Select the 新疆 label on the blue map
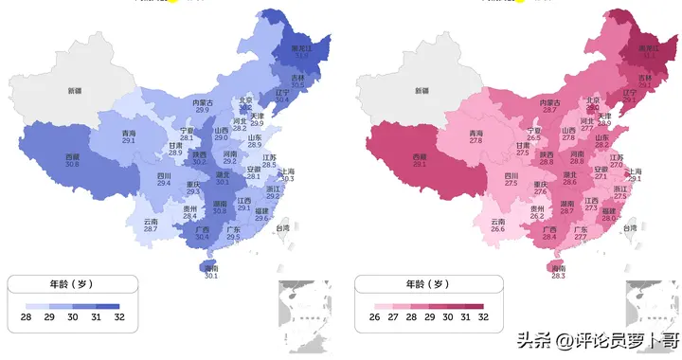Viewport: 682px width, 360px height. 76,91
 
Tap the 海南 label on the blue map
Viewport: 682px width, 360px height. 211,270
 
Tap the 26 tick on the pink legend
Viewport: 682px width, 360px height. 375,318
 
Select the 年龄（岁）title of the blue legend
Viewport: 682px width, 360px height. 71,283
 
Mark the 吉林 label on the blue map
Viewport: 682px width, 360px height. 297,78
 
